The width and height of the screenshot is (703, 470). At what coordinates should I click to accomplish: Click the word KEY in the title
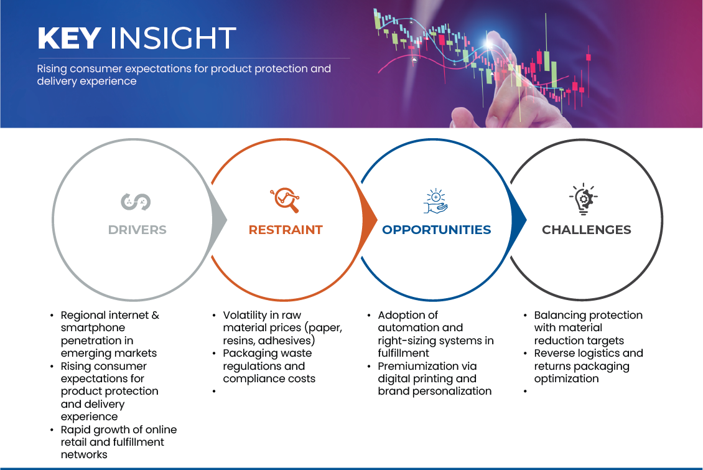point(68,39)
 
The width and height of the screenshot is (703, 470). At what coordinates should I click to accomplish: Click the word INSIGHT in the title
point(172,39)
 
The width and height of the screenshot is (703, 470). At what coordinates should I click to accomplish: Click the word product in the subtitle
point(233,68)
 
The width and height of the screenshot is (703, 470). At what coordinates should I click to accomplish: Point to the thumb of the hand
point(463,117)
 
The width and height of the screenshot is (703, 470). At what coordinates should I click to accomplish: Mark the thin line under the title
point(193,58)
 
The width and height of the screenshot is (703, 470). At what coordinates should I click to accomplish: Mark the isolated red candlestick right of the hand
point(588,57)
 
